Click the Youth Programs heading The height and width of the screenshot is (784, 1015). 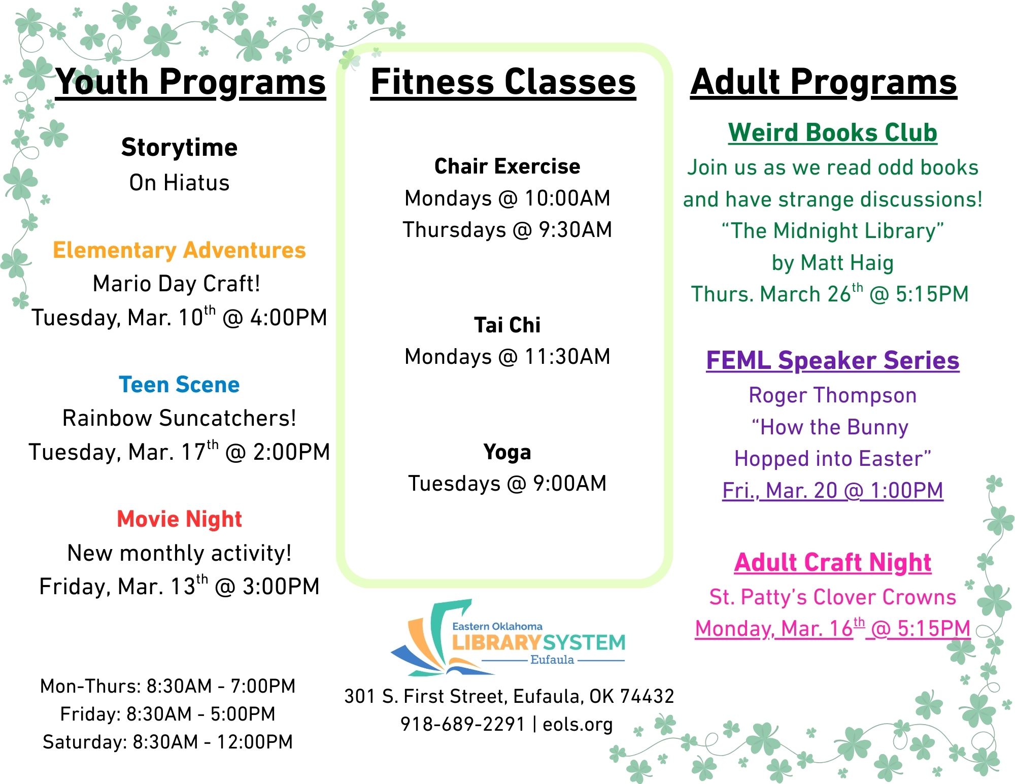point(190,82)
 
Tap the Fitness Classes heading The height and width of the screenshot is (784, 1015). point(503,82)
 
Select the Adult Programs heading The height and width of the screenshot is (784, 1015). point(823,82)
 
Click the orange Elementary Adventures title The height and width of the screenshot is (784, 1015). point(179,250)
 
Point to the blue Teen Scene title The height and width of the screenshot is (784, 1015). point(179,385)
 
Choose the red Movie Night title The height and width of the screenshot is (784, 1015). point(179,519)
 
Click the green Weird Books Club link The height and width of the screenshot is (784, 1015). point(832,132)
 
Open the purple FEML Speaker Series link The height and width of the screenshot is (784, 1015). point(832,360)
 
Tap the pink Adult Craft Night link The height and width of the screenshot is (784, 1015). point(832,562)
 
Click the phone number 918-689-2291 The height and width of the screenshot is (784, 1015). point(462,724)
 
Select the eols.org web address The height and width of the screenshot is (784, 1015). point(578,724)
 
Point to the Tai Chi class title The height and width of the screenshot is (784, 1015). point(507,325)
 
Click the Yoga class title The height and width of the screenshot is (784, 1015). point(507,452)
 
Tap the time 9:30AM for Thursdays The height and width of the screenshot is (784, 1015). point(575,230)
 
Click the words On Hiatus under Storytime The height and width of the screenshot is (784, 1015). point(179,183)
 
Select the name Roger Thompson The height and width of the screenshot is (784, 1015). point(832,395)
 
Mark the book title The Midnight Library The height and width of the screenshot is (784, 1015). point(832,231)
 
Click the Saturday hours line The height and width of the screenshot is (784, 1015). point(167,742)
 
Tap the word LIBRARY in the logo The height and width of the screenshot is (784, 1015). point(495,643)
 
